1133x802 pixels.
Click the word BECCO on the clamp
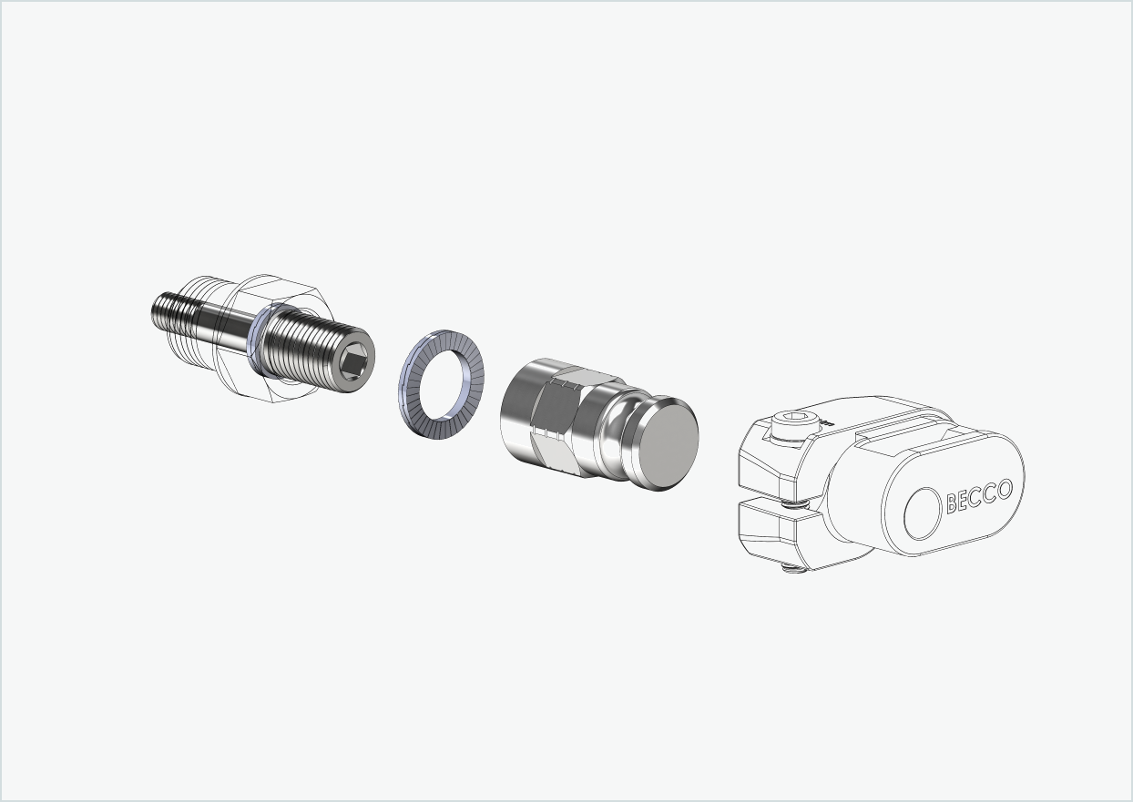(979, 495)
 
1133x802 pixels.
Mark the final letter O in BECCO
(1004, 489)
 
